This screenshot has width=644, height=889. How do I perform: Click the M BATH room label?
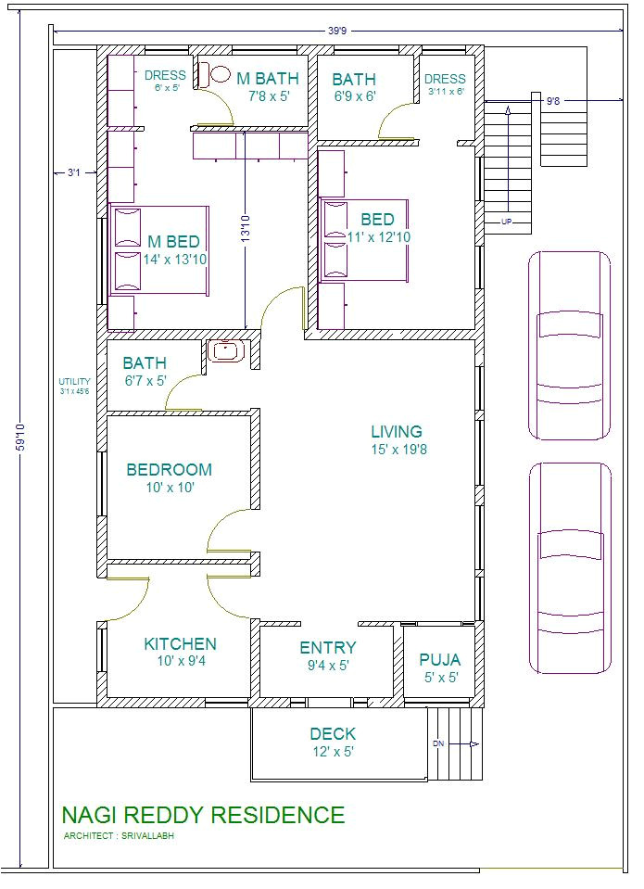click(268, 78)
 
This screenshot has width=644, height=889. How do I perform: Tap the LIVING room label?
click(397, 431)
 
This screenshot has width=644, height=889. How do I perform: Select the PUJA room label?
click(439, 660)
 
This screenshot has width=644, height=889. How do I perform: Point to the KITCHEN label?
click(180, 644)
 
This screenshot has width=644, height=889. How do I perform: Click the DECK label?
click(333, 734)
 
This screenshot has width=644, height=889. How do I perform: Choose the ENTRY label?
click(327, 648)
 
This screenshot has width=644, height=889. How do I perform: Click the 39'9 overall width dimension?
click(337, 31)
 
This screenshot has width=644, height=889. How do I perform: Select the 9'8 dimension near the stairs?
click(553, 101)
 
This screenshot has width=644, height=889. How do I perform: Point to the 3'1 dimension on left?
click(74, 172)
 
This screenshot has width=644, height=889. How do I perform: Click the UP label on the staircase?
click(506, 222)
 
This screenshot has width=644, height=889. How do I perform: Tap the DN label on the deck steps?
click(438, 743)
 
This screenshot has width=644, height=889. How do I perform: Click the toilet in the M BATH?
click(219, 74)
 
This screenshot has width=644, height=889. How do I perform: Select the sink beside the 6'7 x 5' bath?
click(224, 351)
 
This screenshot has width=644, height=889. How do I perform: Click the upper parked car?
click(569, 345)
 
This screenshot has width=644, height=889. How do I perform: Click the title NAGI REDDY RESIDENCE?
click(203, 815)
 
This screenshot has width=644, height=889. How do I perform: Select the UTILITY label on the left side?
click(74, 381)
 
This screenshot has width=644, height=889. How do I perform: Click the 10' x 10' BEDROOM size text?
click(169, 487)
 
